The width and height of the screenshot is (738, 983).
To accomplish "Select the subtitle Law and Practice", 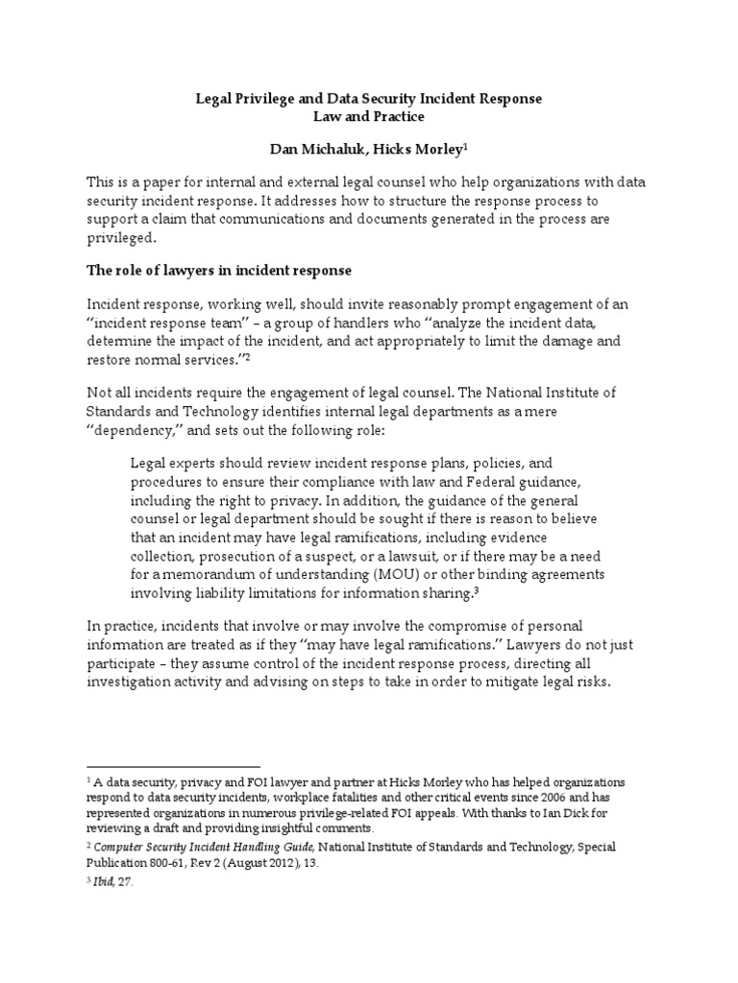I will pos(368,117).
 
